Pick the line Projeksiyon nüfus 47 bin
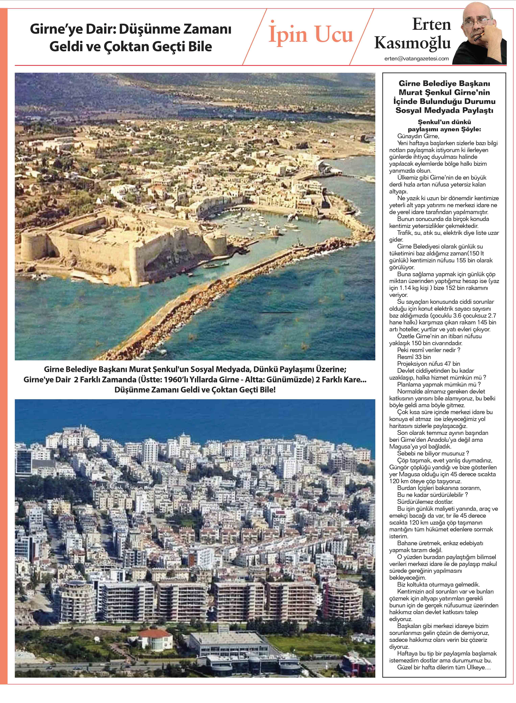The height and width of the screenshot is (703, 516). coord(429,364)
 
